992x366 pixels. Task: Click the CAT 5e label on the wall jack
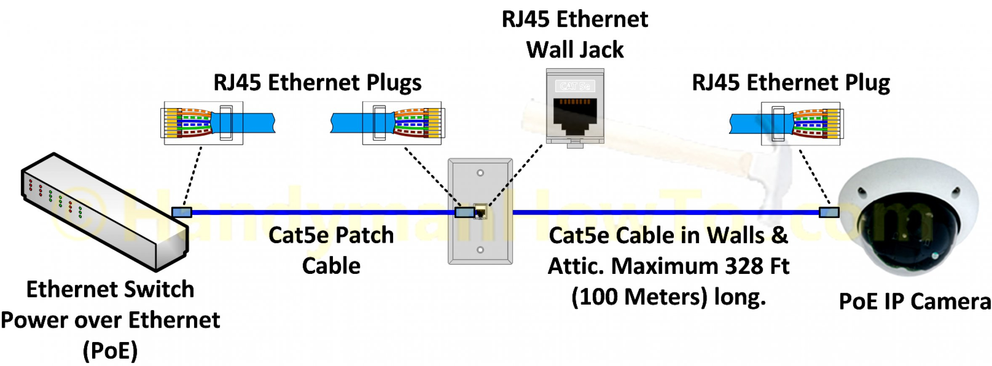575,86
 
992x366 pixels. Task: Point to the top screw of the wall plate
480,173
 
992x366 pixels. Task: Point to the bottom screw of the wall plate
480,250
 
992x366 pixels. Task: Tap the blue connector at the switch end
182,212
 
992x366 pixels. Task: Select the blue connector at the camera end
829,212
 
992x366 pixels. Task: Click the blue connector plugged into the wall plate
464,212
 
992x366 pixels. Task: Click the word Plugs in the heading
394,82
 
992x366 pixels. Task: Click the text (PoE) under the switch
110,351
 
